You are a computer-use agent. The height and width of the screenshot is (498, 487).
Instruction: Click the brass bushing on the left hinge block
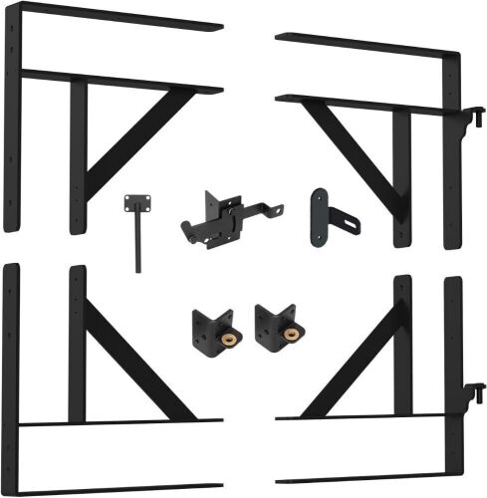click(x=227, y=334)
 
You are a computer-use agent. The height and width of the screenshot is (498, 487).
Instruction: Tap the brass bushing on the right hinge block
click(x=291, y=334)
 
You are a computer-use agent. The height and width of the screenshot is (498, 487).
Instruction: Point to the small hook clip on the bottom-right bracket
click(x=477, y=393)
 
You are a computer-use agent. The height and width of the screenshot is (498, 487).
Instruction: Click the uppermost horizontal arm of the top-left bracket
click(x=120, y=17)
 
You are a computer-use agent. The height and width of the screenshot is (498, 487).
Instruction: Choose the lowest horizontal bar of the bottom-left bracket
click(x=120, y=489)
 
